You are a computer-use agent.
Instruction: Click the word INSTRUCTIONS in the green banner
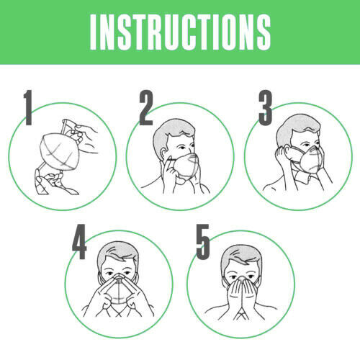(181, 32)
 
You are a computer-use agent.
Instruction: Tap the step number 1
(28, 107)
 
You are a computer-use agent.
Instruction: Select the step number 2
(146, 107)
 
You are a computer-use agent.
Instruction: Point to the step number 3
(266, 107)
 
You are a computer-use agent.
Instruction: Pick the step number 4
(79, 242)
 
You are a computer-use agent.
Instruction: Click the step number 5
(203, 242)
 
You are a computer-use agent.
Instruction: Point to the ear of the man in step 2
(164, 153)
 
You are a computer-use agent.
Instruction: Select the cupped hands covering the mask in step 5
(241, 297)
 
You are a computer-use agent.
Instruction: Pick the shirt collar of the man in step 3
(302, 178)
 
